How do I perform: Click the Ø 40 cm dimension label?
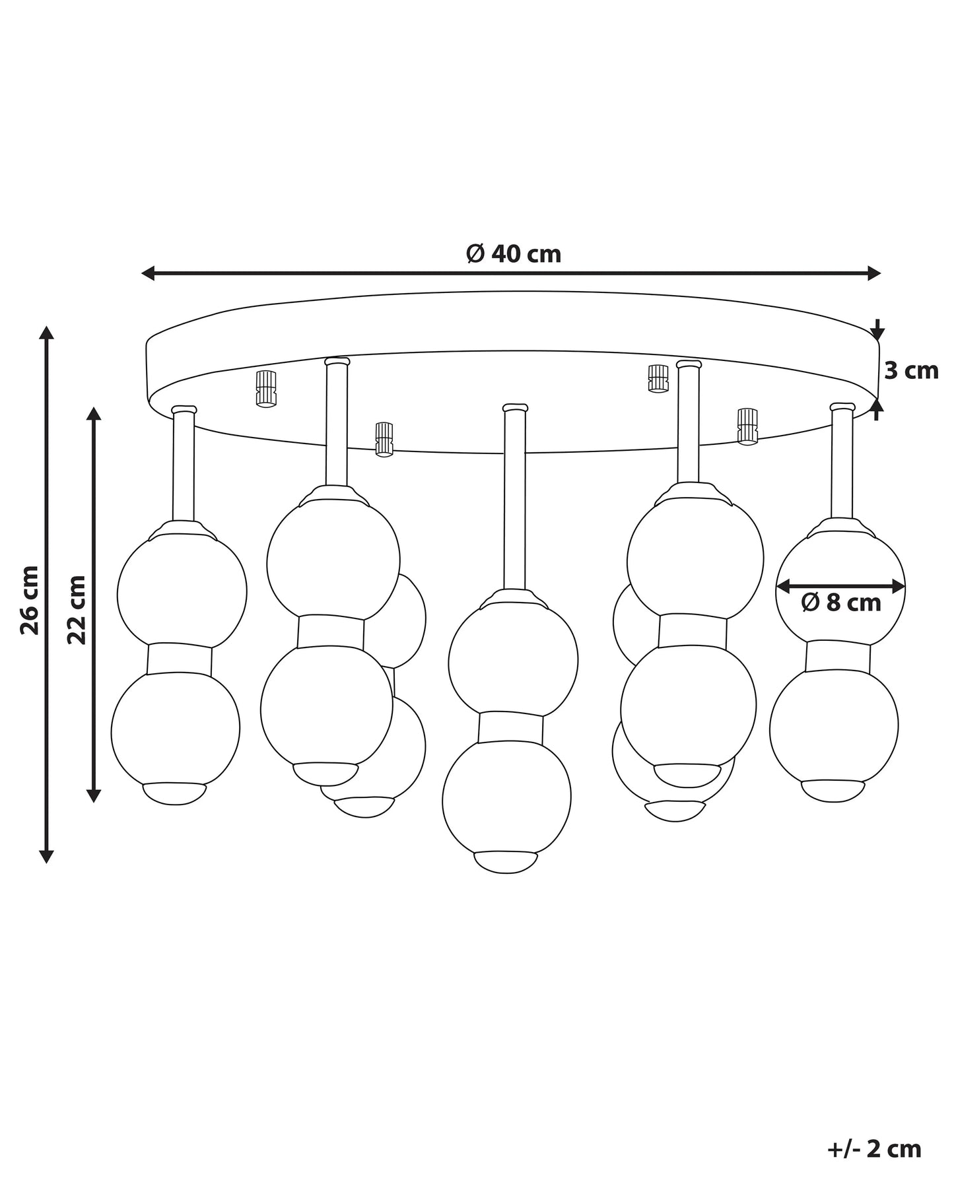(513, 253)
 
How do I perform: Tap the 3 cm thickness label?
(911, 371)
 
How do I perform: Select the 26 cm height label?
(30, 599)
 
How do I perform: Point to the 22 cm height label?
(76, 609)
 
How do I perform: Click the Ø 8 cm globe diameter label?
(841, 602)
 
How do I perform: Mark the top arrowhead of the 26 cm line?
(46, 332)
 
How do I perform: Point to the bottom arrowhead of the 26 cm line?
(46, 856)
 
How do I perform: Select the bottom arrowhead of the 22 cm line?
(94, 795)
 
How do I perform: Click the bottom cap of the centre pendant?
(506, 862)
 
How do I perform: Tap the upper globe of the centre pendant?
(513, 660)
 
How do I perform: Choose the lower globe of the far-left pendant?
(176, 729)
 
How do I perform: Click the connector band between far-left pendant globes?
(180, 659)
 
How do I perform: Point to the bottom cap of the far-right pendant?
(833, 791)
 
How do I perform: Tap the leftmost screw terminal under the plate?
(265, 389)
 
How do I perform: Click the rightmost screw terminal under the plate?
(747, 426)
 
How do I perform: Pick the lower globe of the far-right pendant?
(834, 725)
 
